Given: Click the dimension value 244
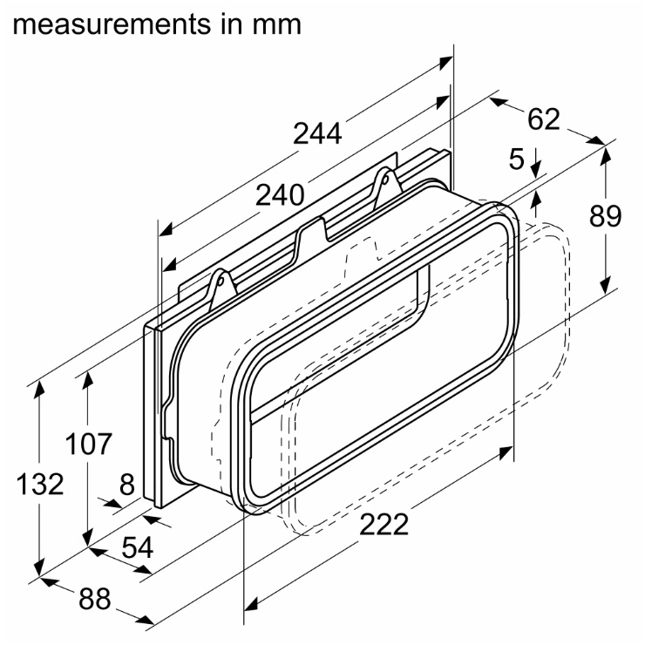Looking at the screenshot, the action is [x=317, y=133].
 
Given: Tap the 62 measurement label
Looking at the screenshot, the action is [x=544, y=119].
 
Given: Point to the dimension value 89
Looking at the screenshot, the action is [x=605, y=216].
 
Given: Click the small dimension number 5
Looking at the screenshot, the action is [x=517, y=160].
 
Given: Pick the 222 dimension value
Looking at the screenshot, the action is [x=384, y=525].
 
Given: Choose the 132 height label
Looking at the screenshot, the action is [x=40, y=484].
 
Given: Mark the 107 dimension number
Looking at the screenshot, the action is [x=88, y=444].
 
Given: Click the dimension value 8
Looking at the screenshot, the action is [x=127, y=484].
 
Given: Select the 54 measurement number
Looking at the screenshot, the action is [x=138, y=547].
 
